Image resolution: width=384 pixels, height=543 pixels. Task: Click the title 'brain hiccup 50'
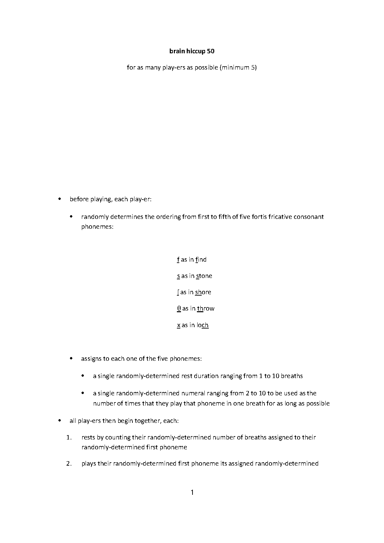tap(192, 51)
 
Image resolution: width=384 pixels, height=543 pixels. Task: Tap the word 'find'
tap(201, 260)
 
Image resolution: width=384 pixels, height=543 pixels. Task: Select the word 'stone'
tap(204, 276)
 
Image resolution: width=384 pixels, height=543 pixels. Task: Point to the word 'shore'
tap(203, 292)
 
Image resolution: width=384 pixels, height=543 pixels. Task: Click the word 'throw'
tap(206, 308)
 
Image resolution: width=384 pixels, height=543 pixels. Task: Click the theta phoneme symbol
tap(179, 308)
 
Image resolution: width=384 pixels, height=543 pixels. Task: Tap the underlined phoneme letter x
tap(179, 325)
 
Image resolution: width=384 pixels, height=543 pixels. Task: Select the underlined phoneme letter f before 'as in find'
tap(178, 260)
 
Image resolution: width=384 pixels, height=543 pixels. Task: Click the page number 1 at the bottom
tap(192, 492)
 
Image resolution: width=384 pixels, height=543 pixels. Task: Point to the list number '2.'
tap(69, 464)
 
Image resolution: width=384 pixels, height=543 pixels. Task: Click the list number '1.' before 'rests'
tap(69, 437)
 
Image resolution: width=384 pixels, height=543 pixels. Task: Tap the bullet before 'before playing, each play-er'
tap(60, 199)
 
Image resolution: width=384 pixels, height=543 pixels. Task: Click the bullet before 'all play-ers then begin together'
tap(60, 421)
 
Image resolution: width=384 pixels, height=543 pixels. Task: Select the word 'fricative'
tap(281, 217)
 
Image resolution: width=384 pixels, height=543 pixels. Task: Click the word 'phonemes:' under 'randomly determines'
tap(97, 226)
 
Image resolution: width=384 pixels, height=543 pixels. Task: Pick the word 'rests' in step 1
tap(89, 437)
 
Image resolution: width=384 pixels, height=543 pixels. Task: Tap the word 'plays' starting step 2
tap(89, 464)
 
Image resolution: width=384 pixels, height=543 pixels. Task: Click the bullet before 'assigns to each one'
tap(71, 358)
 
